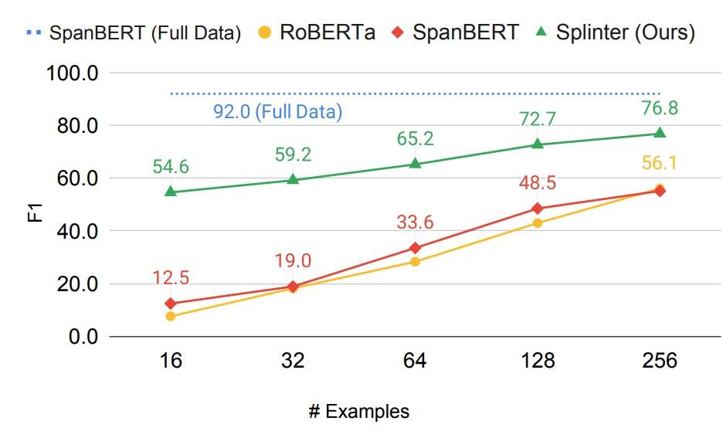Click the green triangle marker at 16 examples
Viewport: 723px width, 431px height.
pos(171,191)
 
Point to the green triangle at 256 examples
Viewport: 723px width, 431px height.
pos(660,132)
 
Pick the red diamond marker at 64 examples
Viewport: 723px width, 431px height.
pos(415,248)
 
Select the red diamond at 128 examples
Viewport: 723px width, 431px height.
pos(538,209)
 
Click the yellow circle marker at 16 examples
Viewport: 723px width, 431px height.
pos(171,316)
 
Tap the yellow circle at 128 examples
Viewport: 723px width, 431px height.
pos(538,223)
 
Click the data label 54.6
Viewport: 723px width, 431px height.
pos(171,167)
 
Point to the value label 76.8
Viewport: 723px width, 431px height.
pos(660,108)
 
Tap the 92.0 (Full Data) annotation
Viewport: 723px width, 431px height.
pos(277,112)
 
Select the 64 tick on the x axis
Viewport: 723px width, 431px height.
pos(415,361)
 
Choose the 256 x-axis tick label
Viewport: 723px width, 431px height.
pos(660,361)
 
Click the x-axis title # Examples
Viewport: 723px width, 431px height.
pos(358,411)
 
